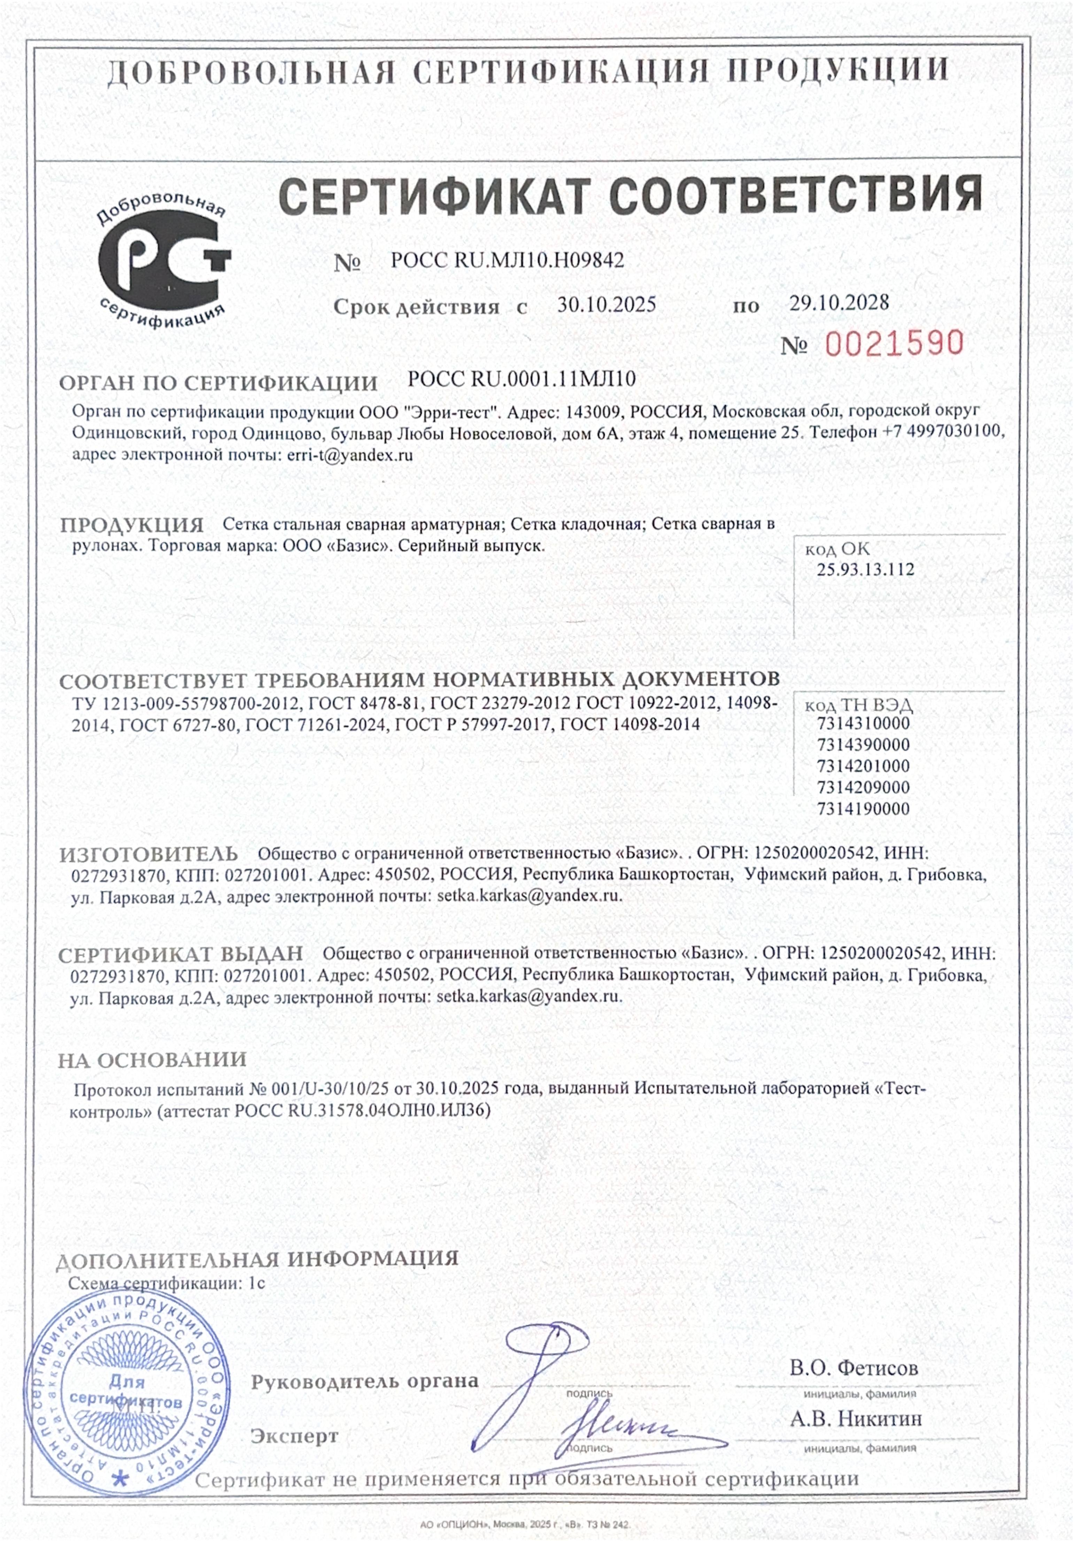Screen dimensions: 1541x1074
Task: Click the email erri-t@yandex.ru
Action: [x=349, y=454]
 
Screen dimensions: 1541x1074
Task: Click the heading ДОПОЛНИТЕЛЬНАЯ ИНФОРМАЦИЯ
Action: [x=257, y=1258]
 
